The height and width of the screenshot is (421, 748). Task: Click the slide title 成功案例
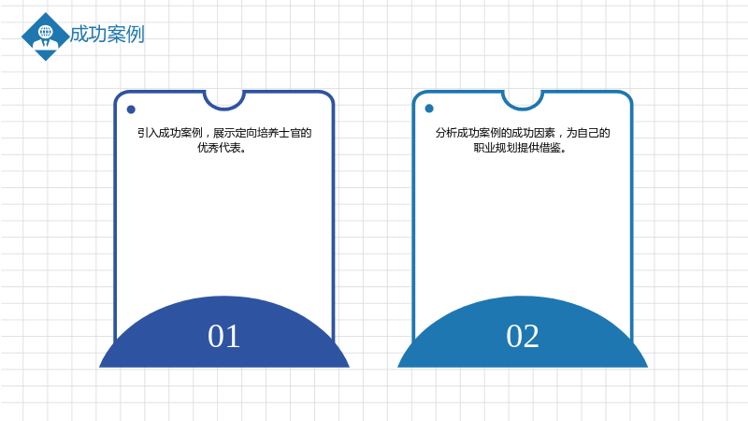[x=108, y=35]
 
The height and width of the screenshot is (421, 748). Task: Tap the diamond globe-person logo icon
[x=45, y=36]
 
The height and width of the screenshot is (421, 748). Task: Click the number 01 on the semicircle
[x=223, y=336]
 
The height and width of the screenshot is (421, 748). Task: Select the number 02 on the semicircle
[x=523, y=336]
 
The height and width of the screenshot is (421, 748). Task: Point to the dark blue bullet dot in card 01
[x=131, y=109]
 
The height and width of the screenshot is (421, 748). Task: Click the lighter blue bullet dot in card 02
[x=429, y=109]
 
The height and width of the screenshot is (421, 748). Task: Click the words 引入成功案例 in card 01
[x=170, y=133]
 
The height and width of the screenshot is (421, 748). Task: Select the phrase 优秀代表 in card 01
[x=219, y=148]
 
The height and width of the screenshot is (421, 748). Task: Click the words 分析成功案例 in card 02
[x=467, y=133]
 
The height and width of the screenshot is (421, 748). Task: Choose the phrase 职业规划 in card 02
[x=496, y=148]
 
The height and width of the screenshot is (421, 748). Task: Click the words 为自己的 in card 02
[x=588, y=133]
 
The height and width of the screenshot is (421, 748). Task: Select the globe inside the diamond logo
[x=46, y=32]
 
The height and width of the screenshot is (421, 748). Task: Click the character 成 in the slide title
[x=79, y=35]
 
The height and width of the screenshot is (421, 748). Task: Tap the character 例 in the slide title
[x=136, y=35]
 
